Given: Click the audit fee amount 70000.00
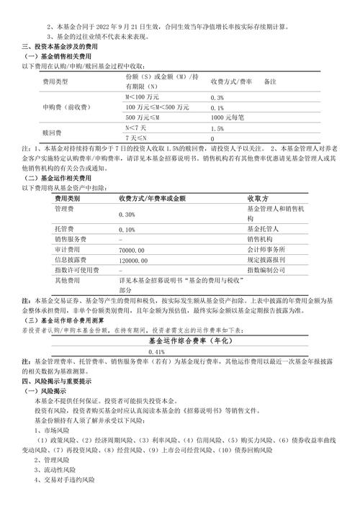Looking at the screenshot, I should tap(132, 248).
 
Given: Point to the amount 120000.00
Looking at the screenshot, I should tap(134, 259).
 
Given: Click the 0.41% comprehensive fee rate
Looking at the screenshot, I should tap(156, 331).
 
